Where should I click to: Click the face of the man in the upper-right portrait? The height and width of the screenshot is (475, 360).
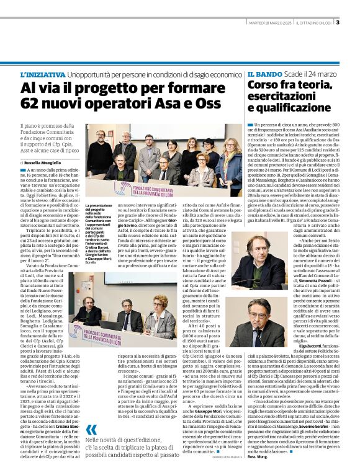[260, 256]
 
